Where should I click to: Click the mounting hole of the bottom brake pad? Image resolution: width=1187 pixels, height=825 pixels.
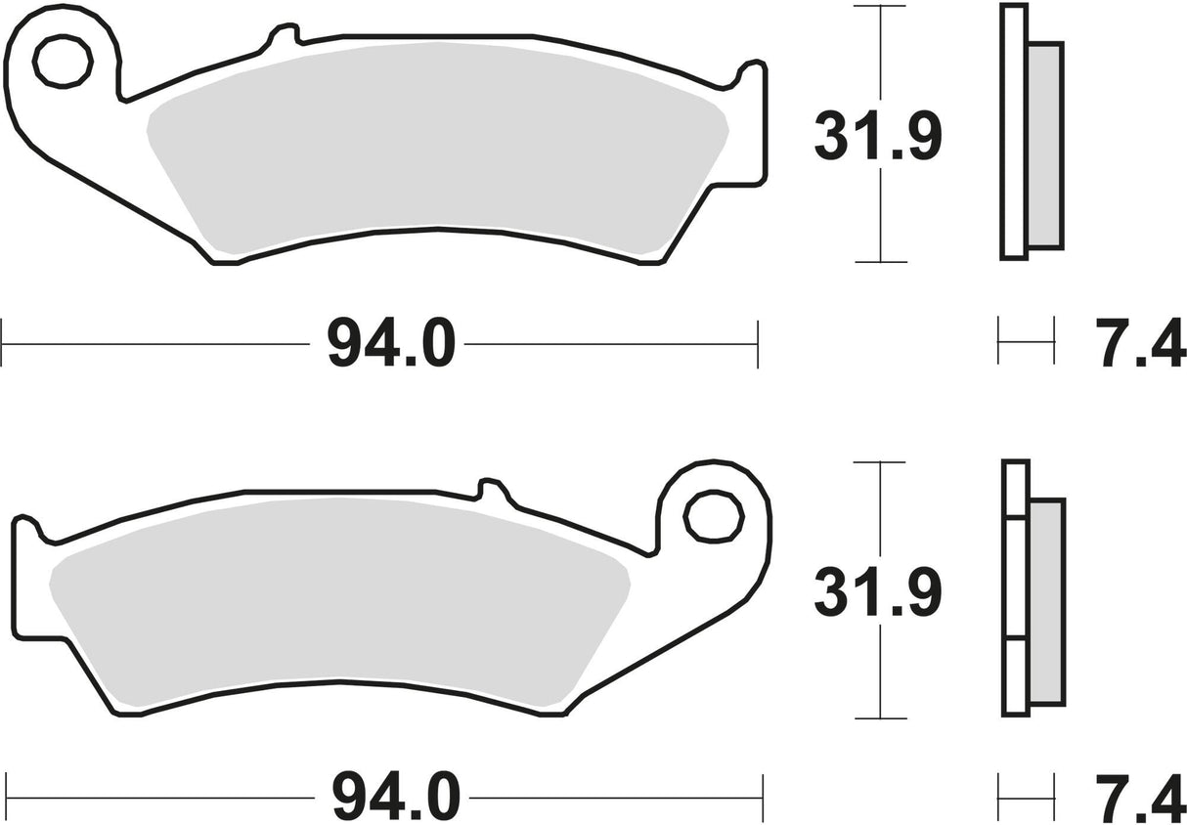click(x=707, y=517)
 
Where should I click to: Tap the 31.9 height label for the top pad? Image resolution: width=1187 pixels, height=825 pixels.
click(x=877, y=138)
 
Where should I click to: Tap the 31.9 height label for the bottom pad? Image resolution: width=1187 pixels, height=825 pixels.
click(x=877, y=594)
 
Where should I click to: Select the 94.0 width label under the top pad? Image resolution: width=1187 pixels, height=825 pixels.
click(x=391, y=344)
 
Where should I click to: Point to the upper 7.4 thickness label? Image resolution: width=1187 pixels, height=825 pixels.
click(x=1143, y=344)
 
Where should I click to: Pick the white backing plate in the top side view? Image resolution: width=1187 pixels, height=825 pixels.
click(x=1014, y=132)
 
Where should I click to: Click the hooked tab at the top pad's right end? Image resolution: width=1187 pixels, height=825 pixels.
click(x=753, y=73)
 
